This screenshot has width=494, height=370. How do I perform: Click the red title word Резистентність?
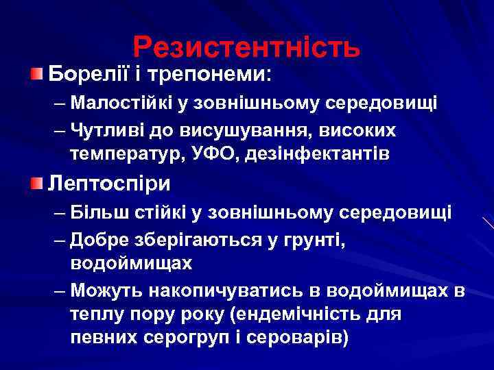246,47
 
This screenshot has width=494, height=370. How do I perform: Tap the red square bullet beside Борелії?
38,73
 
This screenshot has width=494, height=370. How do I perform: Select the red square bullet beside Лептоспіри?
38,183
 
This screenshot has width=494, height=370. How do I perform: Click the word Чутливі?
106,129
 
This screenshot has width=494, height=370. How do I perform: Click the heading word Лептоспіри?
110,184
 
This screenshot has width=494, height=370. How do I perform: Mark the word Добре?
98,238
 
